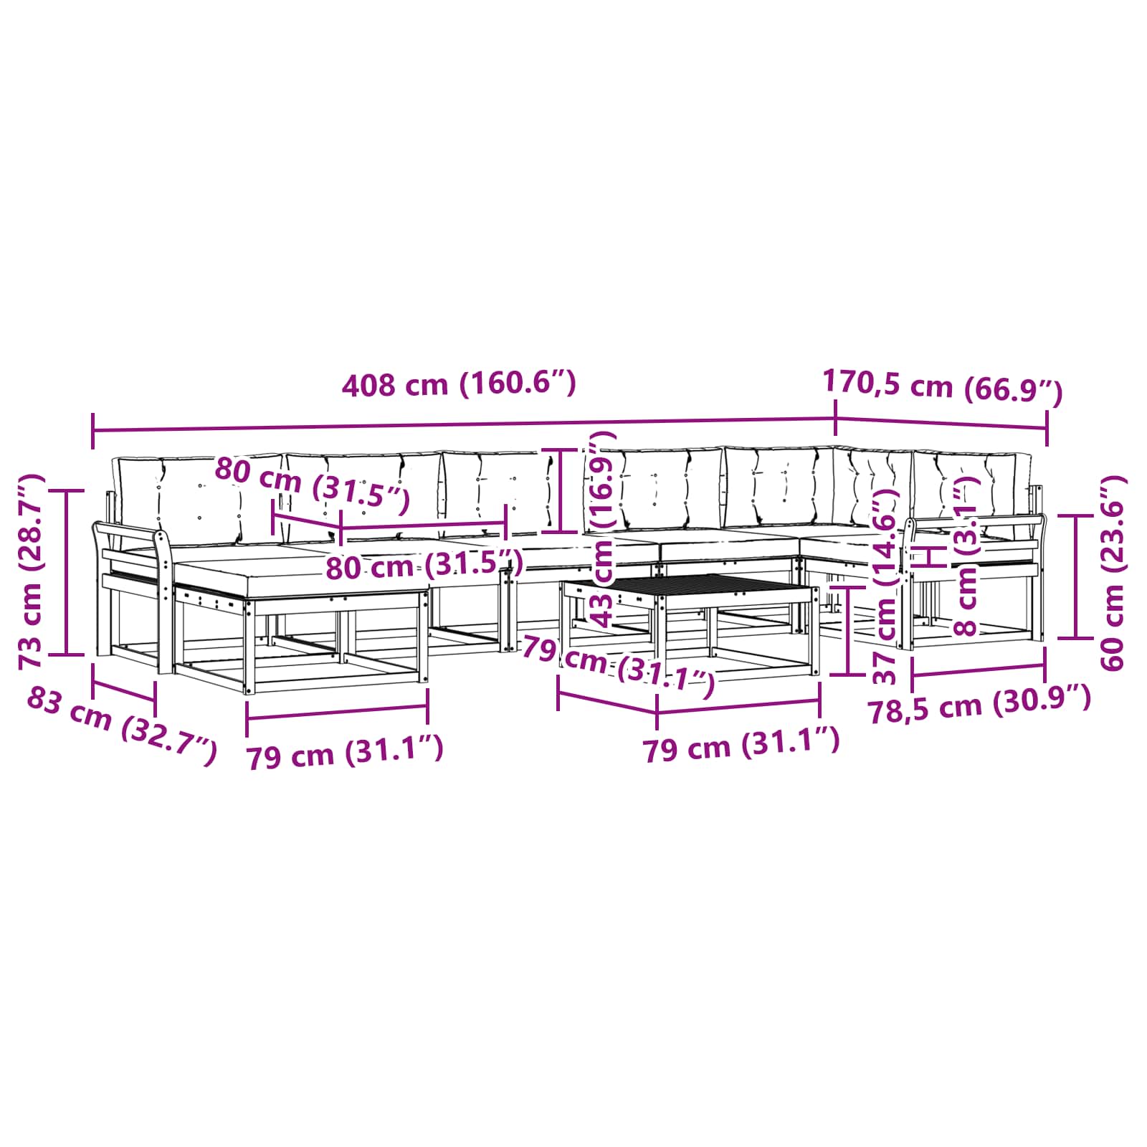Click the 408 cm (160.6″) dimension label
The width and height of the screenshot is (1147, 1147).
(x=459, y=384)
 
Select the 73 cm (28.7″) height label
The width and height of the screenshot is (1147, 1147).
(x=32, y=571)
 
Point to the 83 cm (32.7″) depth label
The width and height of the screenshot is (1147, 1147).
(x=121, y=725)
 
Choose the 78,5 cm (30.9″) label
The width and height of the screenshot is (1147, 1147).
(x=979, y=704)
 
